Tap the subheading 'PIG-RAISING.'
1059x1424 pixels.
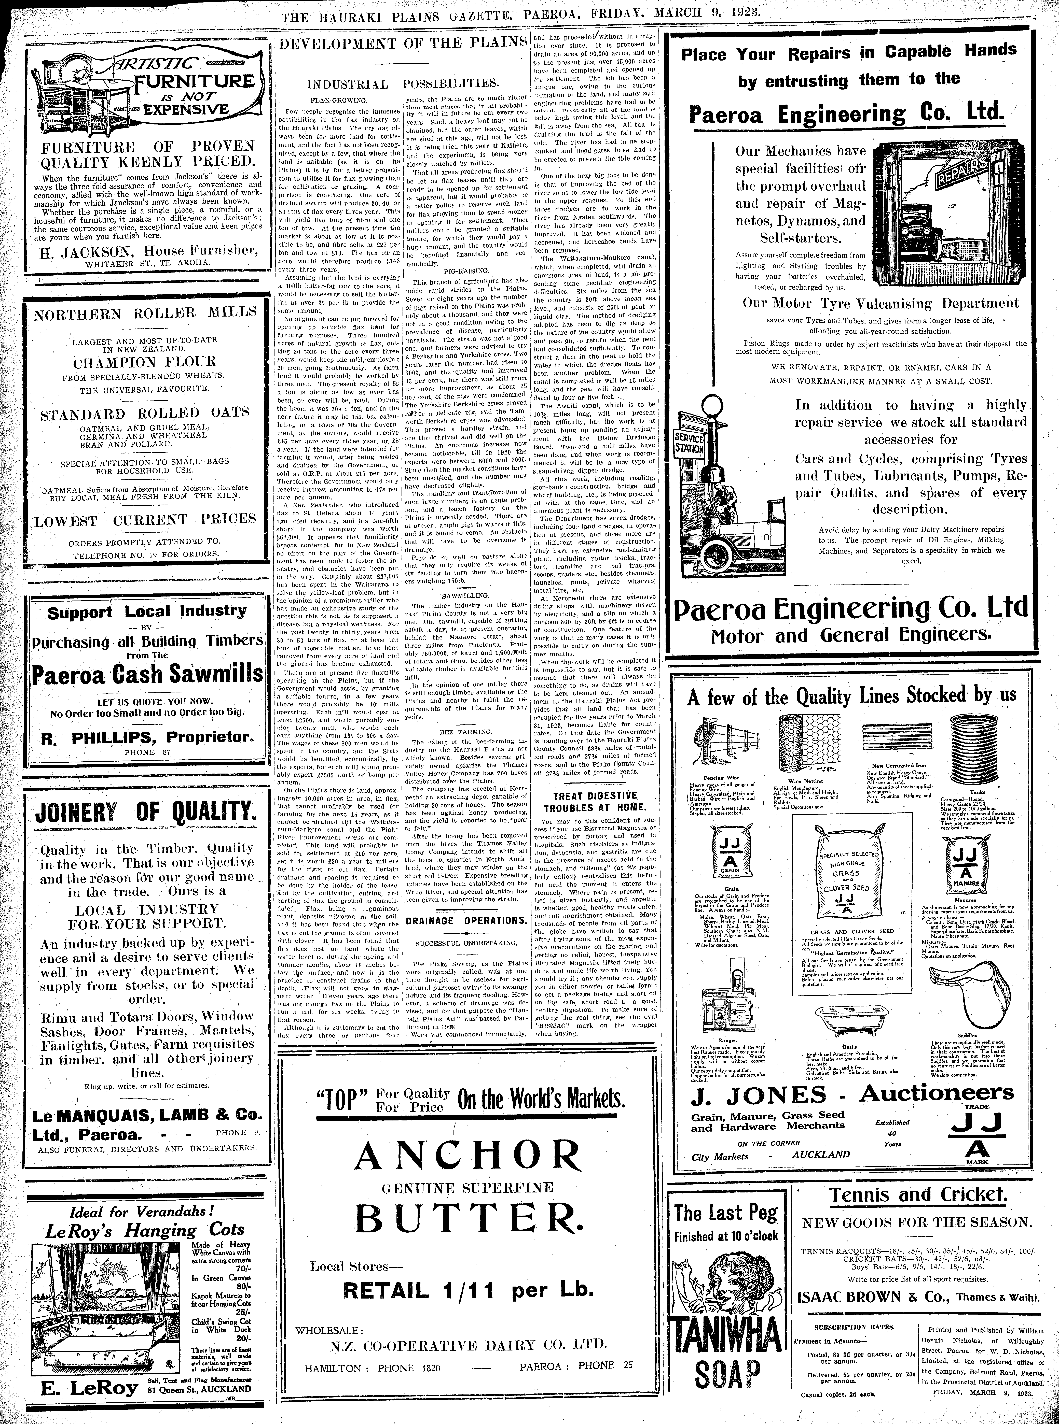pyautogui.click(x=466, y=271)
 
